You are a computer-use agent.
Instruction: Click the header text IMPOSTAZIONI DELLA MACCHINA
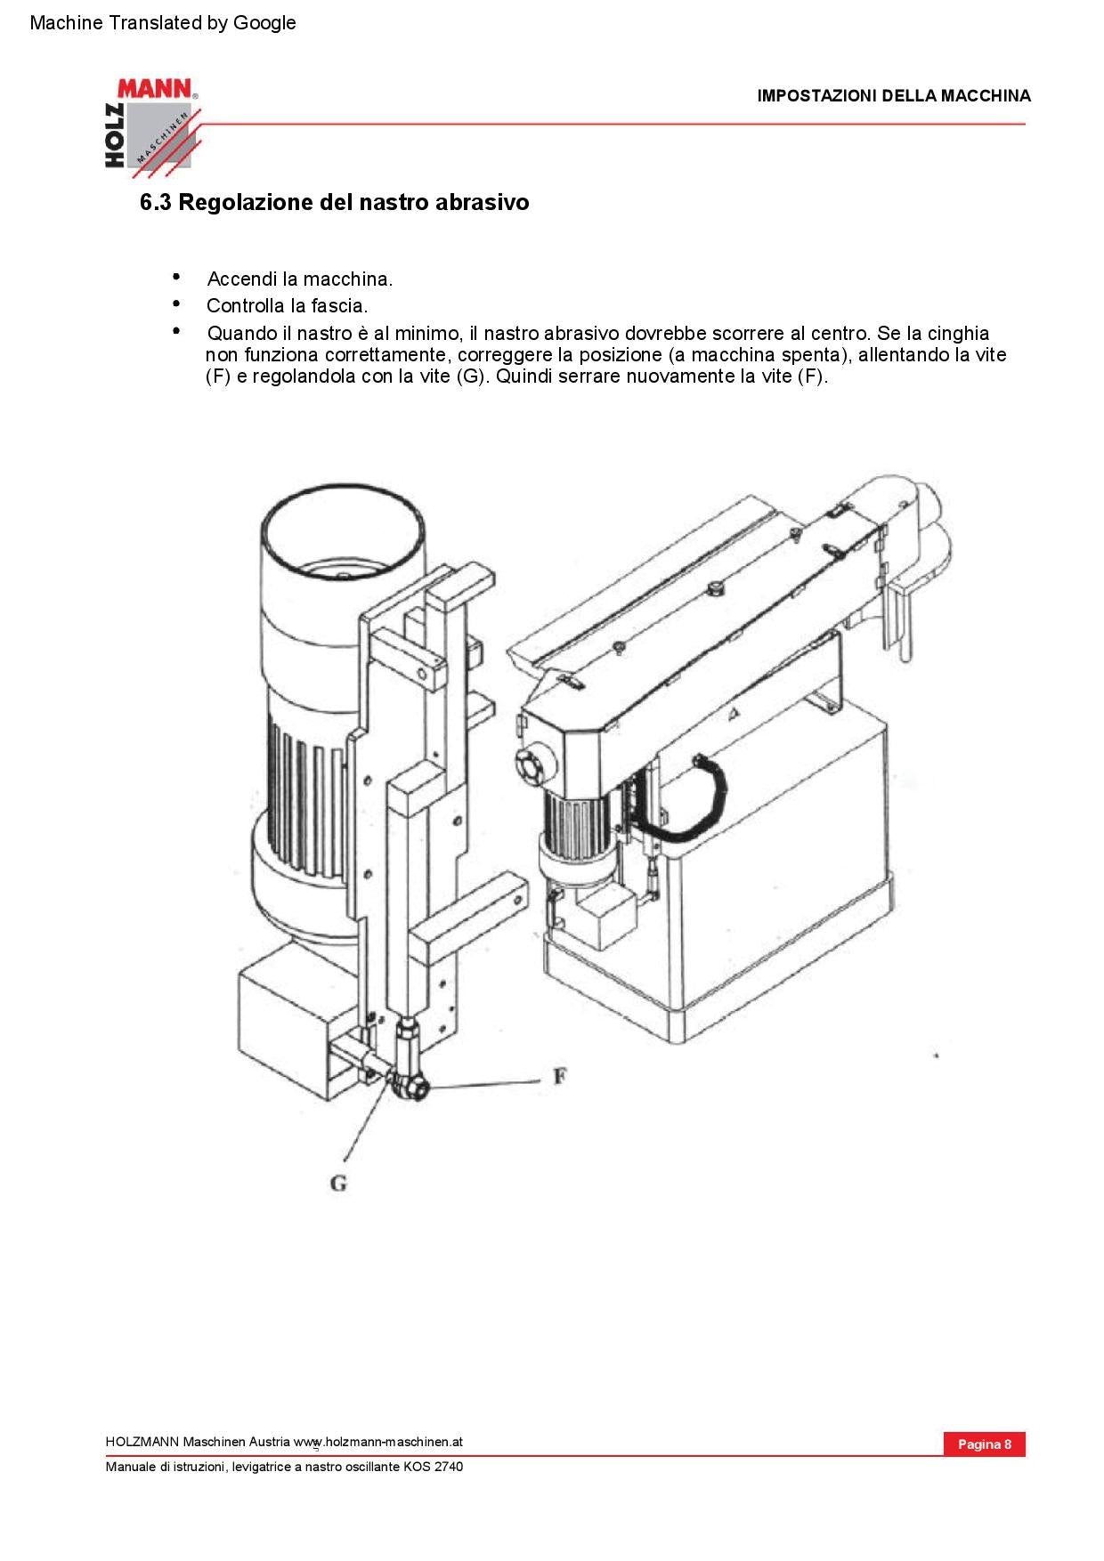(x=893, y=96)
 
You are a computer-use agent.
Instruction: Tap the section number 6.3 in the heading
(x=155, y=203)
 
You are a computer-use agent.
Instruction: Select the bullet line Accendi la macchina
(x=299, y=279)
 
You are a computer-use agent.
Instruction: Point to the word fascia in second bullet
(x=338, y=306)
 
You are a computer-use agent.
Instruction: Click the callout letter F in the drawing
(x=559, y=1076)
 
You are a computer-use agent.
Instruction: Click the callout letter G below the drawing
(x=338, y=1183)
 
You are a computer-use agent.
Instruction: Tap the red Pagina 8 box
(x=984, y=1444)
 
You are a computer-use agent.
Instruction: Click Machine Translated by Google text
(x=163, y=23)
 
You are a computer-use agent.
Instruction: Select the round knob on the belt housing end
(x=533, y=764)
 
